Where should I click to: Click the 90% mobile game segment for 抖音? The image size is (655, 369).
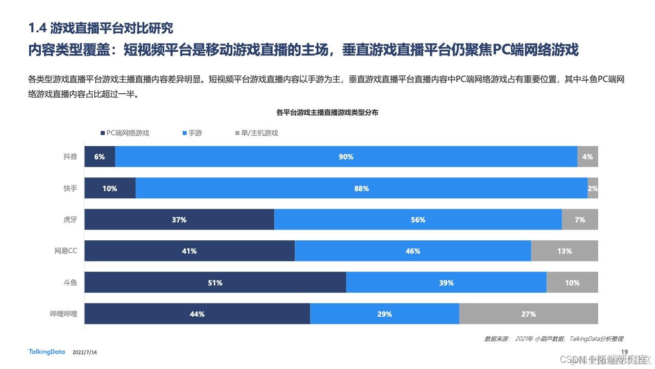(x=346, y=157)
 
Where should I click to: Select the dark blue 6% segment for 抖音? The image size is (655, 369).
(x=100, y=157)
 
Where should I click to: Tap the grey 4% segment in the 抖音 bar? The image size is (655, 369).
(x=587, y=157)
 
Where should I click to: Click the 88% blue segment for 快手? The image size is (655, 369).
(x=361, y=189)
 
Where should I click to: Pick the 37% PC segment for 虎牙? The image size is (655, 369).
(x=179, y=220)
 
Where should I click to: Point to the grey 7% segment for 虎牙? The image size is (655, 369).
(x=580, y=220)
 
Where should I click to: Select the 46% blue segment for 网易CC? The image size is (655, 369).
(x=413, y=251)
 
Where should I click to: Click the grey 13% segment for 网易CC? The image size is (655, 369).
(x=564, y=251)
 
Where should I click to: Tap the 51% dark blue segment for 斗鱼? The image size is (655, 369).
(x=215, y=283)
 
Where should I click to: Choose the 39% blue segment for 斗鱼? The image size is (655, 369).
(x=446, y=283)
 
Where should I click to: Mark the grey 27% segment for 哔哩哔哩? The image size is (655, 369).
(x=528, y=314)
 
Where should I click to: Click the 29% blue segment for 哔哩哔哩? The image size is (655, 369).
(x=384, y=314)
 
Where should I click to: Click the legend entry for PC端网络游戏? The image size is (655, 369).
(x=125, y=133)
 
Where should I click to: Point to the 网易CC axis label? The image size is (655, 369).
(x=66, y=251)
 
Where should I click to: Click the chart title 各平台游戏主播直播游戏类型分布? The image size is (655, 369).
(x=327, y=112)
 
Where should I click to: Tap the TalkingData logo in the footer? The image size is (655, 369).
(x=47, y=352)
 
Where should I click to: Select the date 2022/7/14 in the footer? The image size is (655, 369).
(x=85, y=353)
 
